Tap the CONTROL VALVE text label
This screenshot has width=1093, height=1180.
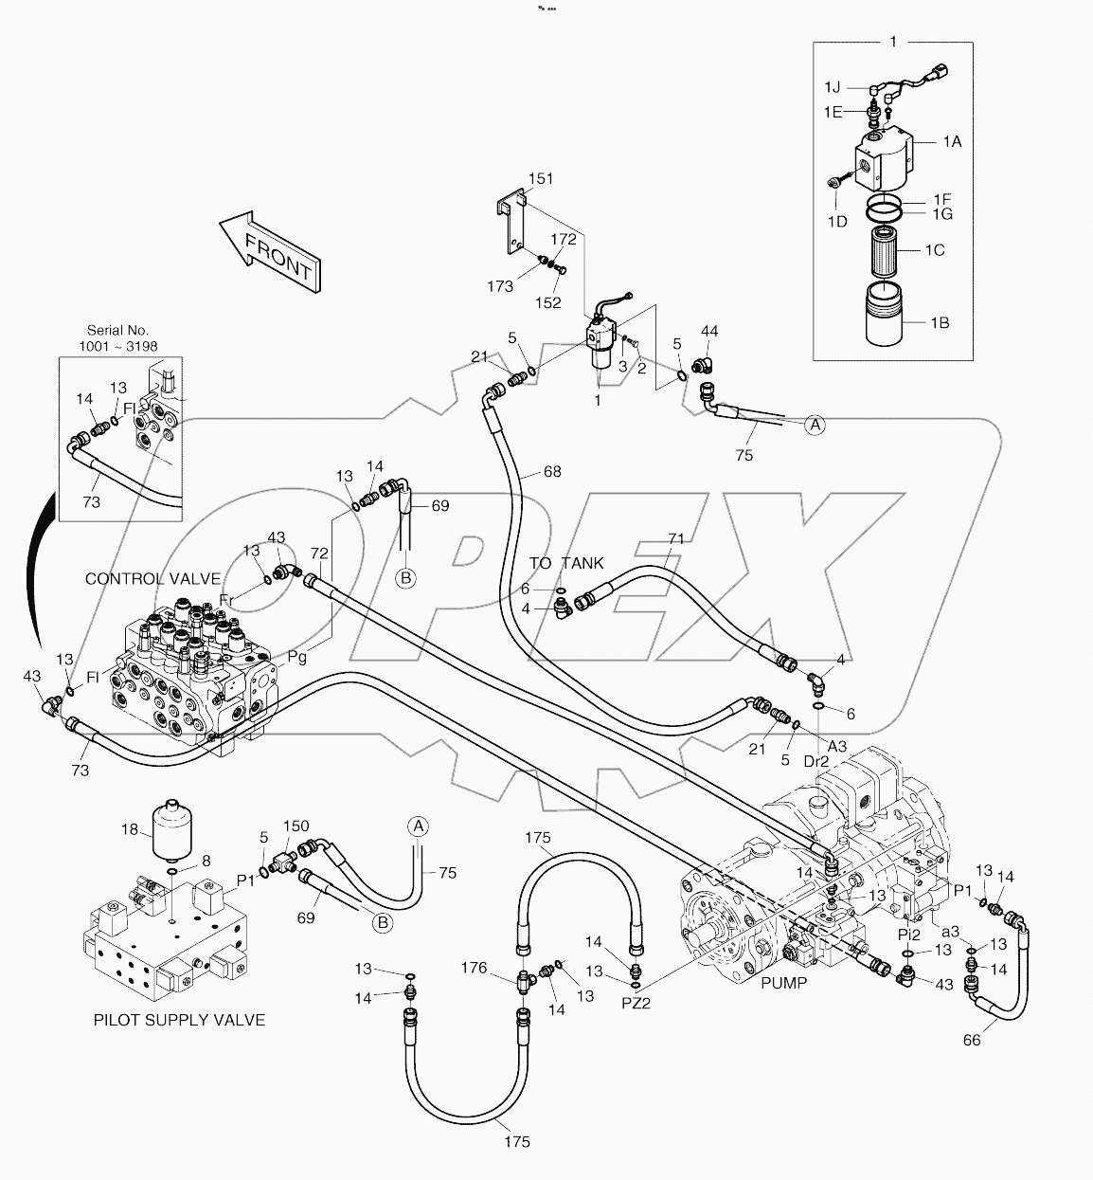point(152,578)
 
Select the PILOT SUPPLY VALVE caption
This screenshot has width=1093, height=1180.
point(179,1020)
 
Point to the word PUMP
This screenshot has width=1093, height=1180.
point(783,983)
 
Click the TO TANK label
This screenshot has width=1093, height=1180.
point(566,563)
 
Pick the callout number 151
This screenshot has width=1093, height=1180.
point(541,179)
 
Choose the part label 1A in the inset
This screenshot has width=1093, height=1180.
point(952,141)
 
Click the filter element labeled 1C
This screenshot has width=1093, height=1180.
point(888,251)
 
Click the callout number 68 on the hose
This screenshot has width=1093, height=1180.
point(552,472)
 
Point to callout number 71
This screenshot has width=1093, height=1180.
point(675,539)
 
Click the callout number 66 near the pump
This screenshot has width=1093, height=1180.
point(972,1040)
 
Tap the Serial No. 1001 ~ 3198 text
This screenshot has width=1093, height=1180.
point(118,338)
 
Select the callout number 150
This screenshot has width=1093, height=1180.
point(296,826)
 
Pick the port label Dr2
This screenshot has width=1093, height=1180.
point(816,760)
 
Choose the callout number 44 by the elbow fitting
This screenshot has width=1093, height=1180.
point(709,331)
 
